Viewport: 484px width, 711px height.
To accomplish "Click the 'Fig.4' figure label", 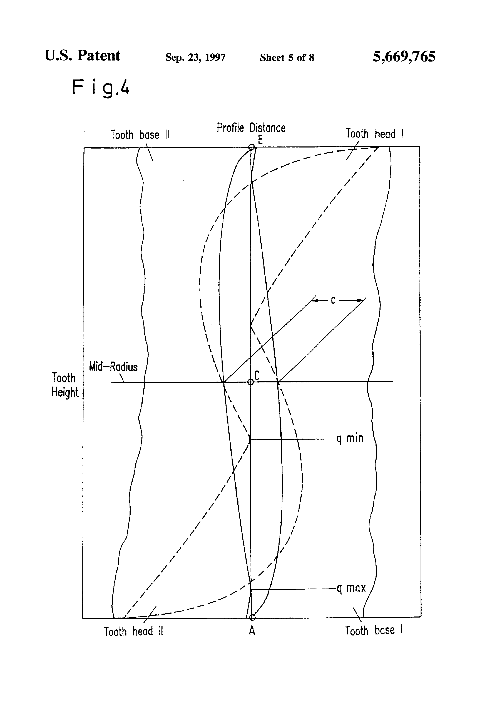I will (100, 87).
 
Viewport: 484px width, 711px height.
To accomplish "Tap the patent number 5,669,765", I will (404, 57).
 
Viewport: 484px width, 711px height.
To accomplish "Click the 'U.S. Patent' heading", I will (82, 56).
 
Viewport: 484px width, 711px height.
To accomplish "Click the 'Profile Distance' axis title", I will (251, 128).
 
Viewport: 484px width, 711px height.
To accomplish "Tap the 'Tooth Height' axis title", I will (64, 385).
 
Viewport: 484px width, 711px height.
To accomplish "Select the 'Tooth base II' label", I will (140, 135).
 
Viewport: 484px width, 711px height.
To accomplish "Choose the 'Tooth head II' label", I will (133, 632).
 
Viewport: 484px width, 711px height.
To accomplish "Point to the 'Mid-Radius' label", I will (113, 367).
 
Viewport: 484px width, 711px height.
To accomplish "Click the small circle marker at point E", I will (251, 147).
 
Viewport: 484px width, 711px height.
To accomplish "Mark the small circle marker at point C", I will (251, 382).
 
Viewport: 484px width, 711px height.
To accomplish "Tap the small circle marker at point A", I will (252, 617).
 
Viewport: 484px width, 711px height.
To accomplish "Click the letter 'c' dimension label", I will (333, 300).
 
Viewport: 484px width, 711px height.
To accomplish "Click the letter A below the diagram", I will (252, 630).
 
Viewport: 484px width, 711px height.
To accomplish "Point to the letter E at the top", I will (260, 140).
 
